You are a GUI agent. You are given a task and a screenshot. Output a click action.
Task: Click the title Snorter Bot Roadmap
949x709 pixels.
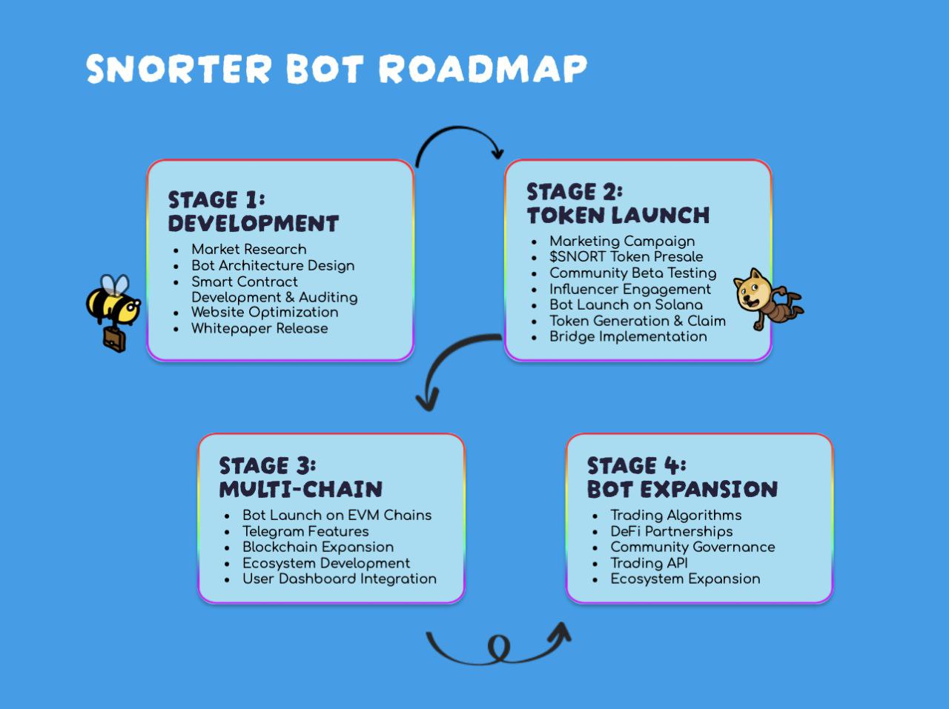click(x=336, y=69)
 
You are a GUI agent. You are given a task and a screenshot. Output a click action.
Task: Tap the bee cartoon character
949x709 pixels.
click(x=113, y=304)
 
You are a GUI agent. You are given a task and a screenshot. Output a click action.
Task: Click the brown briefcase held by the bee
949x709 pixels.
click(x=114, y=339)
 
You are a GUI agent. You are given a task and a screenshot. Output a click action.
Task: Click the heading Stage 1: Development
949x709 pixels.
click(x=253, y=211)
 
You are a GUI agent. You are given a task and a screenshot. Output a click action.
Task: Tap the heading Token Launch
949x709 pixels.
click(x=618, y=216)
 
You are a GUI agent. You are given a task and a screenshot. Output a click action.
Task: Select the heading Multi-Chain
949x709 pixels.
click(x=300, y=489)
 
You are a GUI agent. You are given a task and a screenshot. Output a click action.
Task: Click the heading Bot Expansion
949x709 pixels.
click(x=682, y=489)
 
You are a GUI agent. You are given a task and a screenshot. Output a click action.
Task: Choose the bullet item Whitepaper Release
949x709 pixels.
click(x=259, y=328)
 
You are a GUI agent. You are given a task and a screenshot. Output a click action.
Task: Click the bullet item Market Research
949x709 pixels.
click(x=248, y=249)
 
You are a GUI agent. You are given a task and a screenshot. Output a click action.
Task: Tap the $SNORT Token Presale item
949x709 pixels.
click(x=626, y=256)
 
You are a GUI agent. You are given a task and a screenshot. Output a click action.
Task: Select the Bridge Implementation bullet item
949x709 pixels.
click(x=628, y=336)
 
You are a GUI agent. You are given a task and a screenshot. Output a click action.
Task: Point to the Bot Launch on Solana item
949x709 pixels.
click(x=626, y=304)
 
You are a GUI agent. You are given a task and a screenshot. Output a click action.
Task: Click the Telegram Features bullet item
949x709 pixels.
click(x=305, y=531)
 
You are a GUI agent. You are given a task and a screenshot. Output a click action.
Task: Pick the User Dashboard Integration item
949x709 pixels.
click(x=339, y=579)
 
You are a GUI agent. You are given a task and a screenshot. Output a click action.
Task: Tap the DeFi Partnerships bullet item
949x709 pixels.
click(x=671, y=531)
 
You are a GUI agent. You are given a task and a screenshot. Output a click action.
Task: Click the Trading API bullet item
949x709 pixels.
click(x=649, y=563)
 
